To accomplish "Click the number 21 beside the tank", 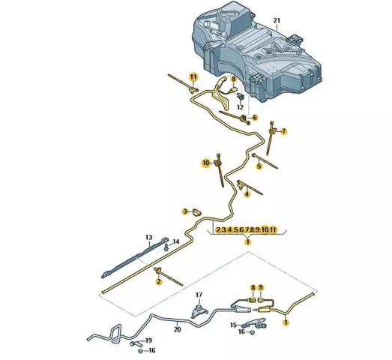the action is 277,20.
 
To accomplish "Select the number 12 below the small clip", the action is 240,107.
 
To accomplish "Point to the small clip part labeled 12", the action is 241,95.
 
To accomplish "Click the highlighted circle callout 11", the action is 193,76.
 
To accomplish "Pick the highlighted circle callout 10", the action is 206,163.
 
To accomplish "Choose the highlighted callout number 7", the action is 283,131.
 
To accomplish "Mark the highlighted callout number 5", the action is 259,166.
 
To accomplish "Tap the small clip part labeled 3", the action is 197,212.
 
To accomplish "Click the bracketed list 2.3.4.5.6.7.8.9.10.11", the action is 247,229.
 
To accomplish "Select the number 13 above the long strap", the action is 148,237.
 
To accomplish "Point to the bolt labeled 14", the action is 166,248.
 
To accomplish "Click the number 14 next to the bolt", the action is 176,241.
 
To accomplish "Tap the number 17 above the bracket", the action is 199,295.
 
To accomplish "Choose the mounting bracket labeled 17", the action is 199,310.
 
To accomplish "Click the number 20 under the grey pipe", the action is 177,329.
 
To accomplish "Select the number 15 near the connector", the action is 233,325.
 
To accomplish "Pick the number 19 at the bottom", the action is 148,340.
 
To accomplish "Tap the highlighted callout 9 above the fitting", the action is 261,288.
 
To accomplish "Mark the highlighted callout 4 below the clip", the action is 247,194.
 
